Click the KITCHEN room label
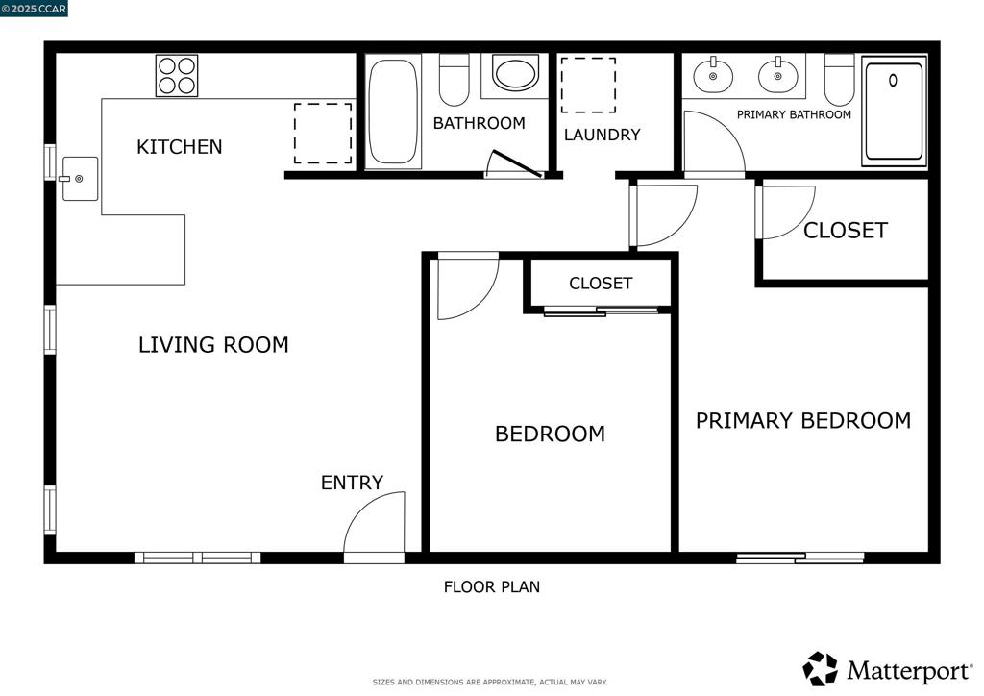(180, 147)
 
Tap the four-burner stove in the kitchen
(177, 76)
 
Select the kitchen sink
(80, 179)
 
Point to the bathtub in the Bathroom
(393, 112)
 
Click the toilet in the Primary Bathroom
(839, 80)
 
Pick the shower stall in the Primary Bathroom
(895, 112)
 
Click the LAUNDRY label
(602, 135)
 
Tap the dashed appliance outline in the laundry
(588, 86)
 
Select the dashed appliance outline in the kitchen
(323, 134)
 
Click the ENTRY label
(352, 483)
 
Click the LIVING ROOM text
(213, 344)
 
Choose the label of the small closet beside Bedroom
(601, 284)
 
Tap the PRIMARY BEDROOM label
(803, 420)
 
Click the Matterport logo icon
(821, 669)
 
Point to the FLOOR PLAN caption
(492, 587)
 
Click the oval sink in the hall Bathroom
(515, 73)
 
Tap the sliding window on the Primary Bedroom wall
(800, 558)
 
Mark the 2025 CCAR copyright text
(34, 9)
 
